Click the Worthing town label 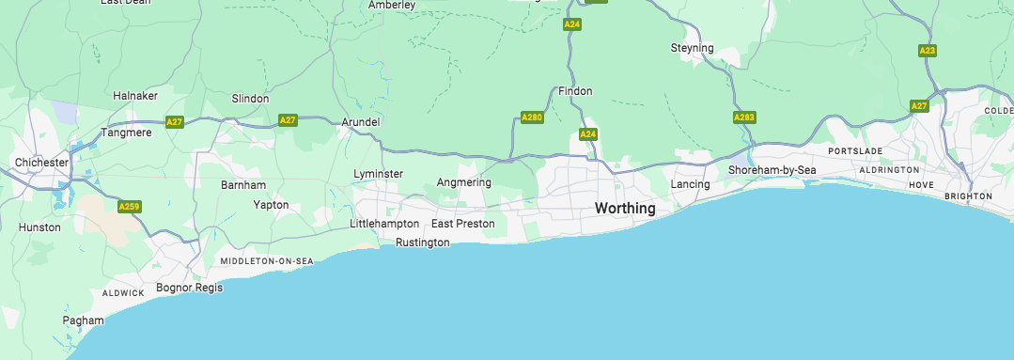point(625,208)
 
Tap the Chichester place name point(41,163)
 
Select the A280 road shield point(532,117)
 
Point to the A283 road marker point(743,117)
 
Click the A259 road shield point(130,205)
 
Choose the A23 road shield point(928,51)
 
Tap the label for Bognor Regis point(189,288)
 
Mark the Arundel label point(360,122)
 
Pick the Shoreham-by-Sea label point(772,170)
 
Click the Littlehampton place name point(384,224)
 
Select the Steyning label point(692,48)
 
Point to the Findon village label point(575,91)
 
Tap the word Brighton point(969,196)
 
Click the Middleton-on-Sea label point(266,260)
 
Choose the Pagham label point(83,321)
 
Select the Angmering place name point(464,182)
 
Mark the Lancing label point(690,184)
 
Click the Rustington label point(422,243)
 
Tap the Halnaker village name point(135,96)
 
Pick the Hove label point(921,185)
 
